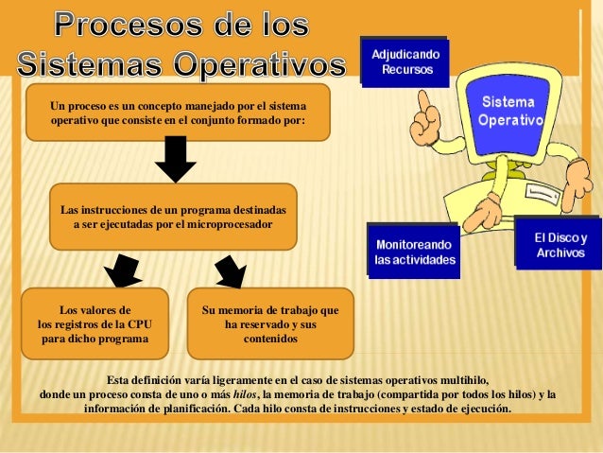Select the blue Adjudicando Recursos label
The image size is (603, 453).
click(x=404, y=63)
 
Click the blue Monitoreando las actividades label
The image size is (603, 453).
click(x=414, y=252)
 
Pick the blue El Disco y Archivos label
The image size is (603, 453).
click(x=560, y=245)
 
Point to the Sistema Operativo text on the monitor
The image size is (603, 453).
click(x=509, y=112)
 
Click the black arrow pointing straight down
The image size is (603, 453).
click(x=175, y=158)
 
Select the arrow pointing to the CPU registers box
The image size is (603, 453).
click(x=122, y=270)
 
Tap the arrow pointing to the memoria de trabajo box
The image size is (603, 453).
click(x=230, y=270)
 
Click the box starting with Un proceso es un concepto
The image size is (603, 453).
click(x=178, y=113)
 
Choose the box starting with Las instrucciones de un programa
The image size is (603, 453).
click(x=172, y=217)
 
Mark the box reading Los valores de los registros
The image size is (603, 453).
click(x=95, y=323)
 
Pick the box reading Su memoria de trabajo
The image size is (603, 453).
click(x=270, y=323)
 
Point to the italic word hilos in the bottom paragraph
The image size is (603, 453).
click(x=245, y=394)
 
